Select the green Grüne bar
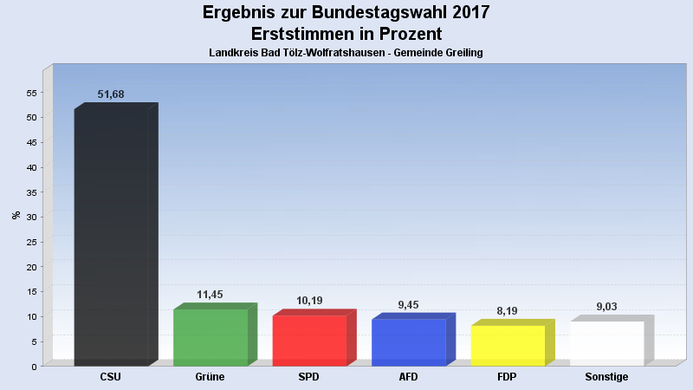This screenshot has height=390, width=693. point(210,337)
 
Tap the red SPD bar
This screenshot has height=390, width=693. point(309,340)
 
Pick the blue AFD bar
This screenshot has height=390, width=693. point(408,341)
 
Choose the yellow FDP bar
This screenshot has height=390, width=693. point(508,345)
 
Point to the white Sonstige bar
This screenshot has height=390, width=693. point(606,343)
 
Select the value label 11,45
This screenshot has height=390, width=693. point(210,295)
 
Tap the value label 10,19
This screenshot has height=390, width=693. point(309,301)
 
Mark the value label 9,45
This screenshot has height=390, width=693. point(408,304)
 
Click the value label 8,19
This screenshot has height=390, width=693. point(508,310)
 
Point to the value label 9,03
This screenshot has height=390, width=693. point(606,306)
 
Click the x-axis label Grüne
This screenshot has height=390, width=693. point(210,377)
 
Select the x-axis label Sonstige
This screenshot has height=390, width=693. point(606,377)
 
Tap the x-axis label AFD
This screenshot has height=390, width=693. point(408,377)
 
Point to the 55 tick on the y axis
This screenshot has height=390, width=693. point(31,93)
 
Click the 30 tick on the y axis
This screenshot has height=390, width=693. point(31,218)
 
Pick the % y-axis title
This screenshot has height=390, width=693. point(16,215)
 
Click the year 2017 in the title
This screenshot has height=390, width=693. point(465,12)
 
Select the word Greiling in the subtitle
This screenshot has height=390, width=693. point(460,53)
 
